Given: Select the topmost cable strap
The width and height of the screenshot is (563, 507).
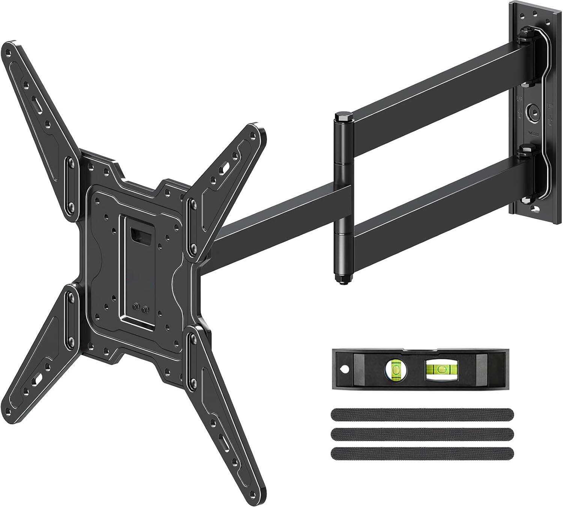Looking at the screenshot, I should point(422,415).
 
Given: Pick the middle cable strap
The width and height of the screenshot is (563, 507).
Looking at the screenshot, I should point(422,434).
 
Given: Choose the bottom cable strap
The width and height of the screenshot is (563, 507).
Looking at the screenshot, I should point(422,453).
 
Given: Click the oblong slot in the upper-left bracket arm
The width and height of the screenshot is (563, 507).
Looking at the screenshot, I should point(36,103).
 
